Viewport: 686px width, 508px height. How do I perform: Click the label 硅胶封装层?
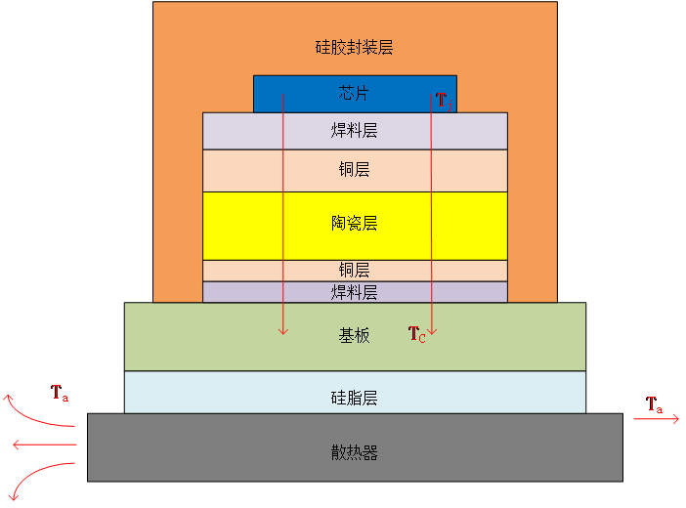(354, 47)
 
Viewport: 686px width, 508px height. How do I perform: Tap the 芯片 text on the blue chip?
(354, 94)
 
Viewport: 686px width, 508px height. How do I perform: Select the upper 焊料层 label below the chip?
(354, 130)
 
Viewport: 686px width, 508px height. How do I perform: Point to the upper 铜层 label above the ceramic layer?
(354, 170)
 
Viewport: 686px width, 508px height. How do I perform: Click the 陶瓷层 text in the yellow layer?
(354, 224)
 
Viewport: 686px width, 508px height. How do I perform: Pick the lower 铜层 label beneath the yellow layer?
(354, 270)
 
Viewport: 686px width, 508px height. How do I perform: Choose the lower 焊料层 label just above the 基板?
(354, 292)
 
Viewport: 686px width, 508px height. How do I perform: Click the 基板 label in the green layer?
(354, 335)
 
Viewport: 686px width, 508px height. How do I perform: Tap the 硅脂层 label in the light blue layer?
(354, 398)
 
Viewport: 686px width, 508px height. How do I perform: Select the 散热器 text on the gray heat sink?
(354, 452)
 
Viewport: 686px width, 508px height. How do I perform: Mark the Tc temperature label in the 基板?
(416, 334)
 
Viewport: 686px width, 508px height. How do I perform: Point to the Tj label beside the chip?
(442, 100)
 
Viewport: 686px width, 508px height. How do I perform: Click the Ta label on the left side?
(60, 394)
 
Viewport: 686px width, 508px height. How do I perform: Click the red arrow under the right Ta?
(655, 419)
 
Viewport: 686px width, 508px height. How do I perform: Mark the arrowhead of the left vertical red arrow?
(283, 331)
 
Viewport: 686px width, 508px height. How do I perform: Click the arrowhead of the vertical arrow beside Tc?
(432, 331)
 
